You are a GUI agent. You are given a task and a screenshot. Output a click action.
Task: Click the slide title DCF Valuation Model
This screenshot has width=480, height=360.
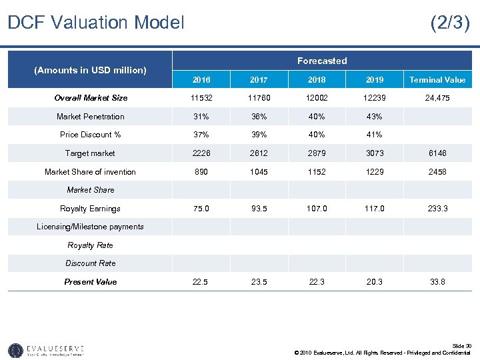95,23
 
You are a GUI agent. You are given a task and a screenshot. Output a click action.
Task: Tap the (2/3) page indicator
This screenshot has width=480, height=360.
450,23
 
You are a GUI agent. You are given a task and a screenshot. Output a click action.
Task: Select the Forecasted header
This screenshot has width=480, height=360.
322,61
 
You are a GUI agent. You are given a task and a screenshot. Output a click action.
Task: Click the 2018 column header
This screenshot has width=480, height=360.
317,80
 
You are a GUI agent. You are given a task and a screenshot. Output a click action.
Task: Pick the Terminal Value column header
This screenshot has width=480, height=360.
437,80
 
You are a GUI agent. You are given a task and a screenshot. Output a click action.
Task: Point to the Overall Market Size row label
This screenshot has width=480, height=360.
91,98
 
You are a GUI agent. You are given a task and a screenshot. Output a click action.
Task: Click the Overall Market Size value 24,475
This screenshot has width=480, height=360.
437,98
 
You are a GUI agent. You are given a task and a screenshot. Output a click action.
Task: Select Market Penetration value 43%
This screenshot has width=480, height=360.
375,117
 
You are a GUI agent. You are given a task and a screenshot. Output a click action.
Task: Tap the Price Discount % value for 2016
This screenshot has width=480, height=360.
201,135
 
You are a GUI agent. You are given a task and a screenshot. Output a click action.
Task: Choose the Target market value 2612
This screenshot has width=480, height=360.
259,153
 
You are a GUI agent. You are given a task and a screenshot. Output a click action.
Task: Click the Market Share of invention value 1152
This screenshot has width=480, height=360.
317,172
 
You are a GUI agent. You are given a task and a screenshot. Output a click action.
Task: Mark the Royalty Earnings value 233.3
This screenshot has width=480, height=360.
437,209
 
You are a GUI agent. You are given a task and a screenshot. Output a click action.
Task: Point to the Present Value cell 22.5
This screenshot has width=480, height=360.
201,282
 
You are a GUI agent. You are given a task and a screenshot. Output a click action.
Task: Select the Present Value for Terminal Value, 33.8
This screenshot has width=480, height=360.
437,282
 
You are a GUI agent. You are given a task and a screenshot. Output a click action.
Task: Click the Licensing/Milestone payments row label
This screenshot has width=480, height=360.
90,227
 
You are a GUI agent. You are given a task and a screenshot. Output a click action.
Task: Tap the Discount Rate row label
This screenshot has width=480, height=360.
91,263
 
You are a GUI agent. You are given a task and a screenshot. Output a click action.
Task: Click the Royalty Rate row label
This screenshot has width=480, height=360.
91,245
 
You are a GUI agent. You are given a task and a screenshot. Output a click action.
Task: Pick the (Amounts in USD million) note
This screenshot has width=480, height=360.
91,70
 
